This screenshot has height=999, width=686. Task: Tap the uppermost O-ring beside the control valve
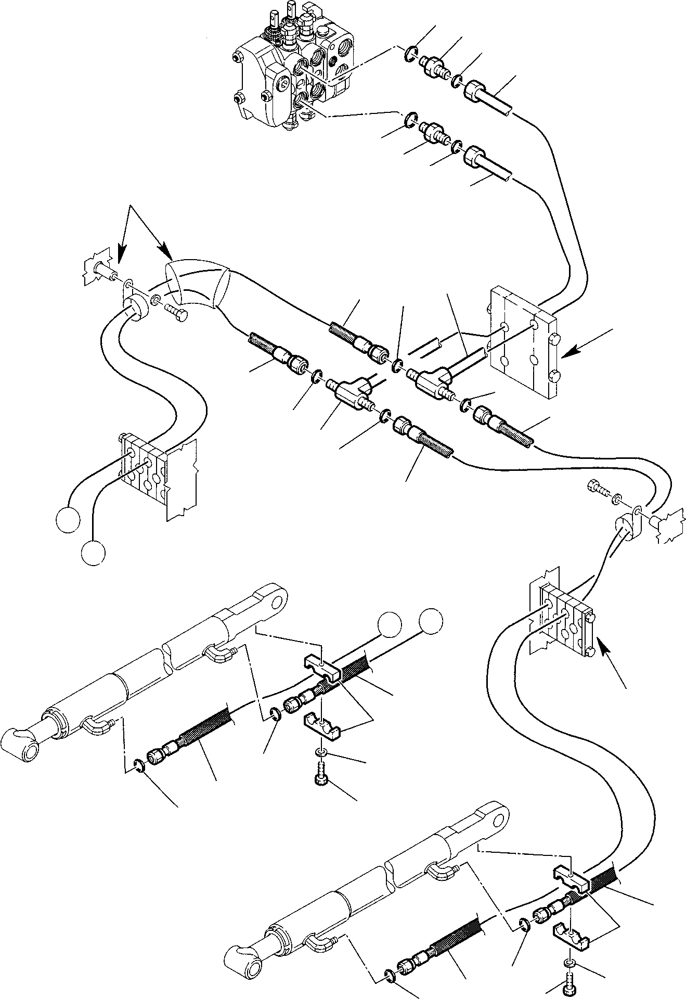click(410, 51)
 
